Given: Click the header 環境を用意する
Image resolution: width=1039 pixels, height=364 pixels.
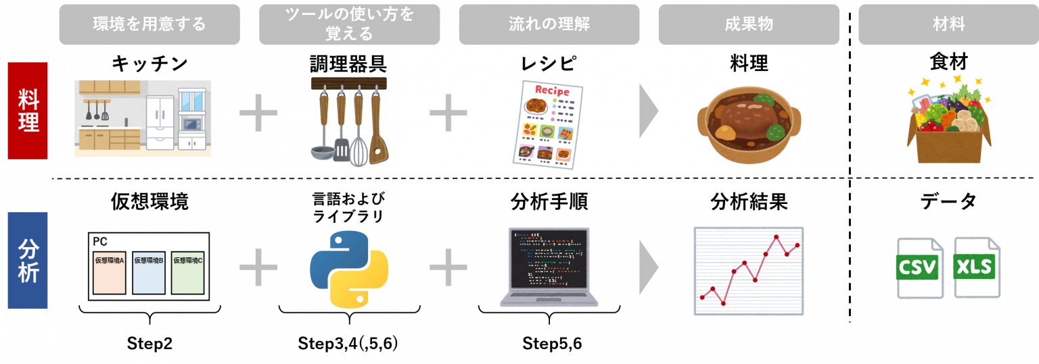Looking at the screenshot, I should click(x=149, y=25).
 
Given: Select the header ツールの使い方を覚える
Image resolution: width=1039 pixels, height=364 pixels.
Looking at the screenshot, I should click(x=349, y=25).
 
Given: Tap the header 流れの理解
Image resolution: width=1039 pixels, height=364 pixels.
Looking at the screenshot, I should click(x=549, y=25).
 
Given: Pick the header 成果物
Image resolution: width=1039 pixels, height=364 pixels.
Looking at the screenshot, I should click(x=748, y=25).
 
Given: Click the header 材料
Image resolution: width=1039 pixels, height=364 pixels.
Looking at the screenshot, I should click(x=948, y=25).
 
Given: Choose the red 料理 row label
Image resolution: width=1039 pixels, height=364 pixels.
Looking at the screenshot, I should click(x=28, y=111).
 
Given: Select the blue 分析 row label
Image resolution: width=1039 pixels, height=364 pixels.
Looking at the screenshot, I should click(x=28, y=261).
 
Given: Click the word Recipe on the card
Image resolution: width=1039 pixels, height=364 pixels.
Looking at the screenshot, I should click(x=552, y=91).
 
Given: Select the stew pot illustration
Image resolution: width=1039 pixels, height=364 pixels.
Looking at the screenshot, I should click(x=748, y=125).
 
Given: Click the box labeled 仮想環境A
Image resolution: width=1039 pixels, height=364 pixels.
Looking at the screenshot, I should click(x=109, y=270).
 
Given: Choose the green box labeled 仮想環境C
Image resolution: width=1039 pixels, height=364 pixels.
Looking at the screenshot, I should click(x=188, y=270).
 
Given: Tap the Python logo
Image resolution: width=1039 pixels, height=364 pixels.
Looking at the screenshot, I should click(x=349, y=269).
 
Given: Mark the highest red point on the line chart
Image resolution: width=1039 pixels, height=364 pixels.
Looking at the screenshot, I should click(x=776, y=237).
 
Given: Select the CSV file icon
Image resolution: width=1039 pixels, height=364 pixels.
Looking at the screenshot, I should click(x=919, y=267).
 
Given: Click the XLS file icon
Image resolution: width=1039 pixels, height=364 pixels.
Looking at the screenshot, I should click(x=976, y=267).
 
